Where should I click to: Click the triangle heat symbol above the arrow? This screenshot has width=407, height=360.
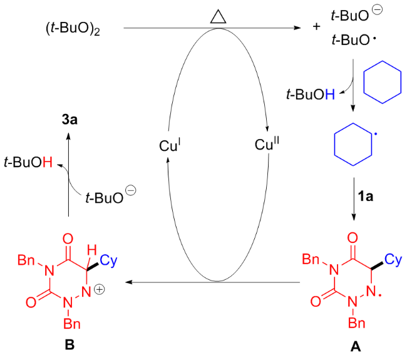click(x=219, y=18)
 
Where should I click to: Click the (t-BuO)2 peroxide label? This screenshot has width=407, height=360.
click(x=73, y=28)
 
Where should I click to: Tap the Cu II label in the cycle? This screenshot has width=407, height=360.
click(x=267, y=143)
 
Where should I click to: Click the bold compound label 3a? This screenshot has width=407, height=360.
click(x=70, y=120)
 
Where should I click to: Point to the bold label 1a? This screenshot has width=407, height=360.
click(x=366, y=197)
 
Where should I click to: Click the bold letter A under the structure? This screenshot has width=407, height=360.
click(x=356, y=346)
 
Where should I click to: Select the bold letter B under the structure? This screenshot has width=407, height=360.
click(x=70, y=345)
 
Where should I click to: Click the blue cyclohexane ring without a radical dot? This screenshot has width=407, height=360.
click(x=383, y=82)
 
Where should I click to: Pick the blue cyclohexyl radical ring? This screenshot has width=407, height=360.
click(x=353, y=144)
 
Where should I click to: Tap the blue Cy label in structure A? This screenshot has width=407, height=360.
click(x=393, y=260)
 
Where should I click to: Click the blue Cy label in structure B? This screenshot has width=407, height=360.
click(x=108, y=260)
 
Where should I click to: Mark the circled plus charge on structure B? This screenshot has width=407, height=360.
click(x=99, y=289)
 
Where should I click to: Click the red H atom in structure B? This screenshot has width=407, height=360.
click(x=91, y=250)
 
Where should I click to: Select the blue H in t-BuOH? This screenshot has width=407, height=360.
click(x=330, y=94)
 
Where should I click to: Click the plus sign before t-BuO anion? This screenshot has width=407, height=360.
click(x=316, y=26)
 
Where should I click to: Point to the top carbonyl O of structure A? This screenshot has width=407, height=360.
click(x=353, y=238)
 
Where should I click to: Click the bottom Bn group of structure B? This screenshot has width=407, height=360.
click(x=72, y=324)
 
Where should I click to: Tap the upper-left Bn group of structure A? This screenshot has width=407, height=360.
click(x=311, y=259)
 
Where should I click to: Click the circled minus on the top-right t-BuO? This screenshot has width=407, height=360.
click(x=377, y=10)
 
